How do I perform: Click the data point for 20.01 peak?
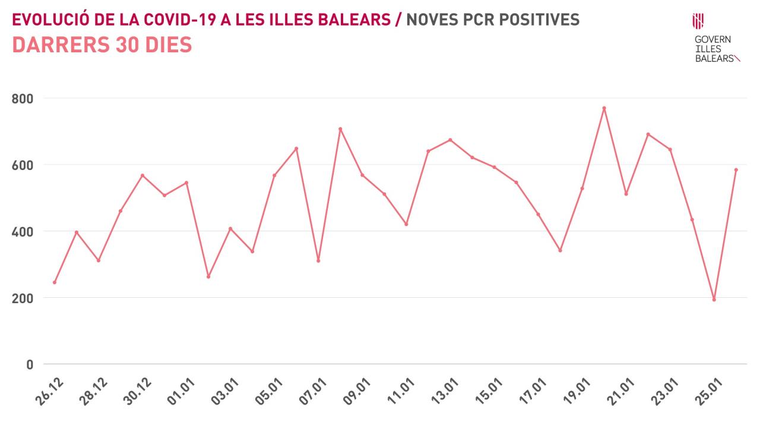point(604,108)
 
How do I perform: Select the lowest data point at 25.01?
point(714,300)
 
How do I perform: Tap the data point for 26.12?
point(55,282)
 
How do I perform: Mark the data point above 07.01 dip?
point(318,261)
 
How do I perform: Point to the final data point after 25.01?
point(736,170)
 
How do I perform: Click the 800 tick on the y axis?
point(23,98)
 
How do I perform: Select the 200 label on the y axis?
point(23,298)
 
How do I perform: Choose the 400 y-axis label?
point(23,231)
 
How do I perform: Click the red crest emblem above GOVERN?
point(698,21)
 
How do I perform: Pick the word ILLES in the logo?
point(708,49)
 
